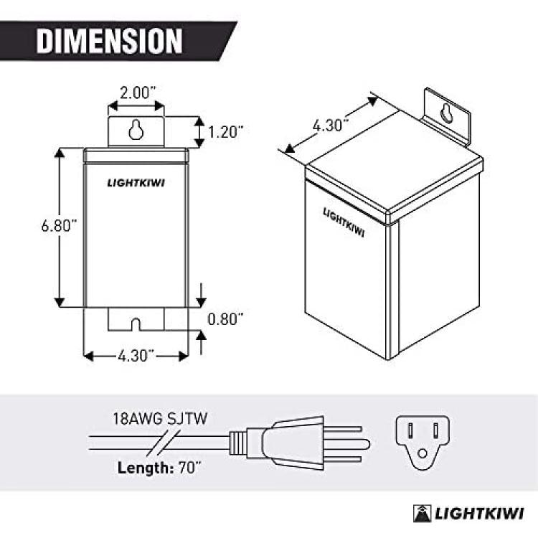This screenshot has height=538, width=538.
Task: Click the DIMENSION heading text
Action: [x=109, y=41]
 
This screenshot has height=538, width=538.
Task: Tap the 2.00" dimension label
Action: [x=138, y=93]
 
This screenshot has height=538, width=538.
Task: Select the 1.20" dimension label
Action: [x=226, y=131]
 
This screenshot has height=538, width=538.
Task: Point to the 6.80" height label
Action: [x=59, y=225]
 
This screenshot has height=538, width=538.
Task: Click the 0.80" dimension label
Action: [x=225, y=319]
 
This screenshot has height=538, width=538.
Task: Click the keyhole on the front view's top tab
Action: [x=136, y=130]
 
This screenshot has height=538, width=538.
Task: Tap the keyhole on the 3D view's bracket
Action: [x=446, y=113]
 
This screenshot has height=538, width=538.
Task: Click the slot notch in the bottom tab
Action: [x=136, y=324]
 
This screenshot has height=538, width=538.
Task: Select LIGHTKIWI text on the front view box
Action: [x=136, y=183]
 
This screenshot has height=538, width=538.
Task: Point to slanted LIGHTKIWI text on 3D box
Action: [x=344, y=222]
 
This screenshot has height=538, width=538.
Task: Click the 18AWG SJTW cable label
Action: [x=160, y=419]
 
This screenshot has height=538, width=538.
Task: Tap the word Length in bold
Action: [x=142, y=468]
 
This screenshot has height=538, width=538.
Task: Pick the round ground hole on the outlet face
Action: [x=423, y=453]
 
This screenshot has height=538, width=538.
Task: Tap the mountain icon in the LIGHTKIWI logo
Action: [x=422, y=514]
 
